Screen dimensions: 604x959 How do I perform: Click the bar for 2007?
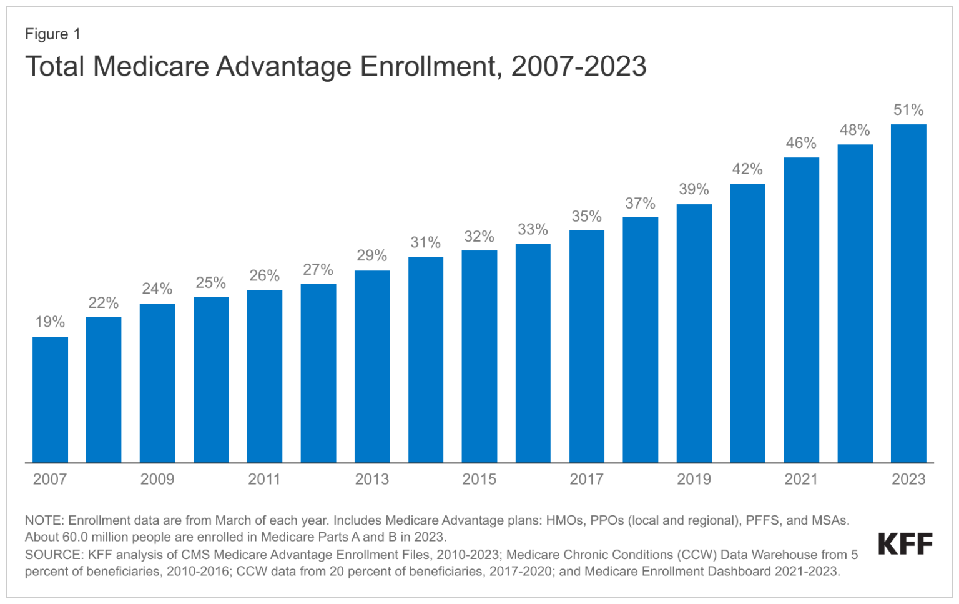(50, 400)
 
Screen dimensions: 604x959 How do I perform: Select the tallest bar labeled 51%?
(908, 294)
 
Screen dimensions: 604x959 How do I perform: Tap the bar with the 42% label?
(747, 324)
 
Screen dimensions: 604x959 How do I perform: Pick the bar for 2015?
(479, 357)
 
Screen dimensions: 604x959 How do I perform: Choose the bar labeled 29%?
(372, 367)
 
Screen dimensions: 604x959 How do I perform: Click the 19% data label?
(50, 322)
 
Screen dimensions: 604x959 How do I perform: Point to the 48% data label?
(854, 130)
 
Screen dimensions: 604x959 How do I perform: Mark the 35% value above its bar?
(586, 216)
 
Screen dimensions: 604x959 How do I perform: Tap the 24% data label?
(157, 289)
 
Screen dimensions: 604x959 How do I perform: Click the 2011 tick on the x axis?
(264, 479)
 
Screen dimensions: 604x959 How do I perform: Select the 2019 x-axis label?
(694, 479)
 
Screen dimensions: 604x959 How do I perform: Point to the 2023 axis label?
(908, 479)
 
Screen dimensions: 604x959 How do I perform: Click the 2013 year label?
(372, 479)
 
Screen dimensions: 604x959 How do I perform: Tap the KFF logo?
(905, 544)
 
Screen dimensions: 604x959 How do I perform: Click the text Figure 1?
(52, 34)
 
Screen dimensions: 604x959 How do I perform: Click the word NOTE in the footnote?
(44, 520)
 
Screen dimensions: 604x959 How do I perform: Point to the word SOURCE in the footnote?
(54, 555)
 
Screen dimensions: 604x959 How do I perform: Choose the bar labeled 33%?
(533, 354)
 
